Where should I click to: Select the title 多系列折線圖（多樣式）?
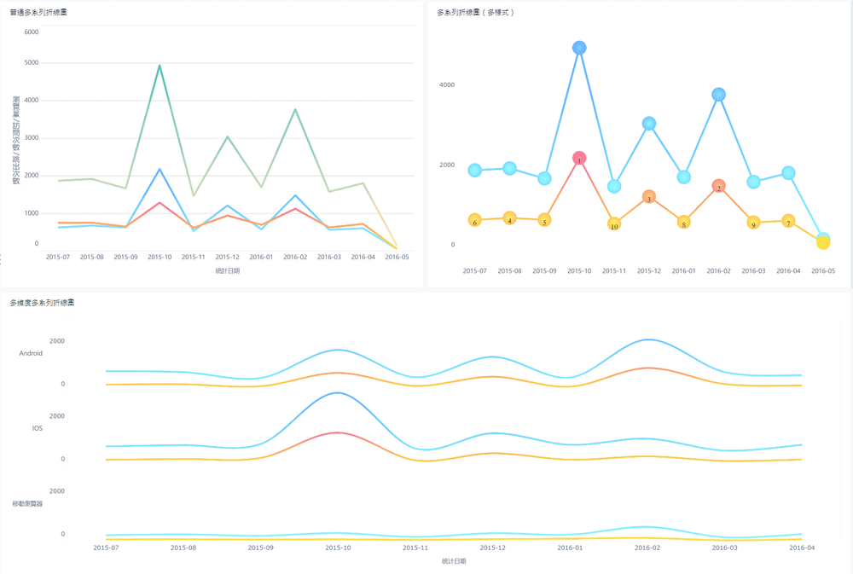(x=476, y=13)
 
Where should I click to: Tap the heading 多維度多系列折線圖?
(x=42, y=303)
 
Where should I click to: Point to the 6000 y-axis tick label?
(x=31, y=32)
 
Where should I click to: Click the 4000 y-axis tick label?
(x=447, y=85)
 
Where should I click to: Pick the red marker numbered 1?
(x=579, y=159)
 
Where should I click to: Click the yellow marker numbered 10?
(x=614, y=224)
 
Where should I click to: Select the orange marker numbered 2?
(x=719, y=186)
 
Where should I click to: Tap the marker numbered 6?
(x=474, y=221)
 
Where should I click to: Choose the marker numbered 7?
(x=788, y=221)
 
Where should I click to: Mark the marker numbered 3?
(x=649, y=197)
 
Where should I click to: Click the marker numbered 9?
(x=753, y=223)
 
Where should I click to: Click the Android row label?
(x=31, y=353)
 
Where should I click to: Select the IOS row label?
(x=37, y=428)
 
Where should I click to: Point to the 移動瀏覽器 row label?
(x=27, y=503)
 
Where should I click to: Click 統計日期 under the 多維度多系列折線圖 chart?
(x=454, y=561)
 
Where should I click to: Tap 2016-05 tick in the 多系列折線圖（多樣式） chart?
(x=823, y=271)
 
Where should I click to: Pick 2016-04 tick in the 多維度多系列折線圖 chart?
(x=802, y=548)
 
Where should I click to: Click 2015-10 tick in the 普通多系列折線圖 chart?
(x=160, y=257)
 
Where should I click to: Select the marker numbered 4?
(x=509, y=218)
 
